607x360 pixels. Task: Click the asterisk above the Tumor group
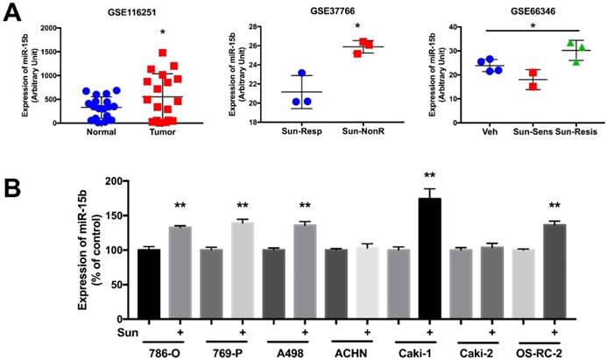pyautogui.click(x=161, y=32)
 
